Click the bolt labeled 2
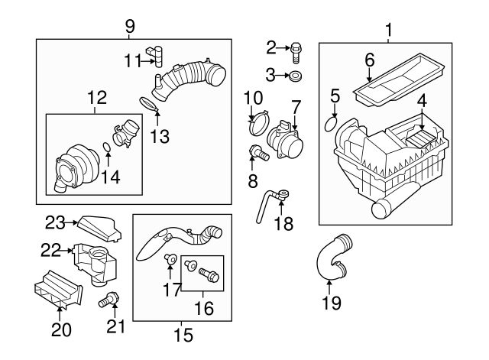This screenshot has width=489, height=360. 296,51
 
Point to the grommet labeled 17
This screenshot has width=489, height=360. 172,262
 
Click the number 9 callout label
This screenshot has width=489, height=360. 128,26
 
